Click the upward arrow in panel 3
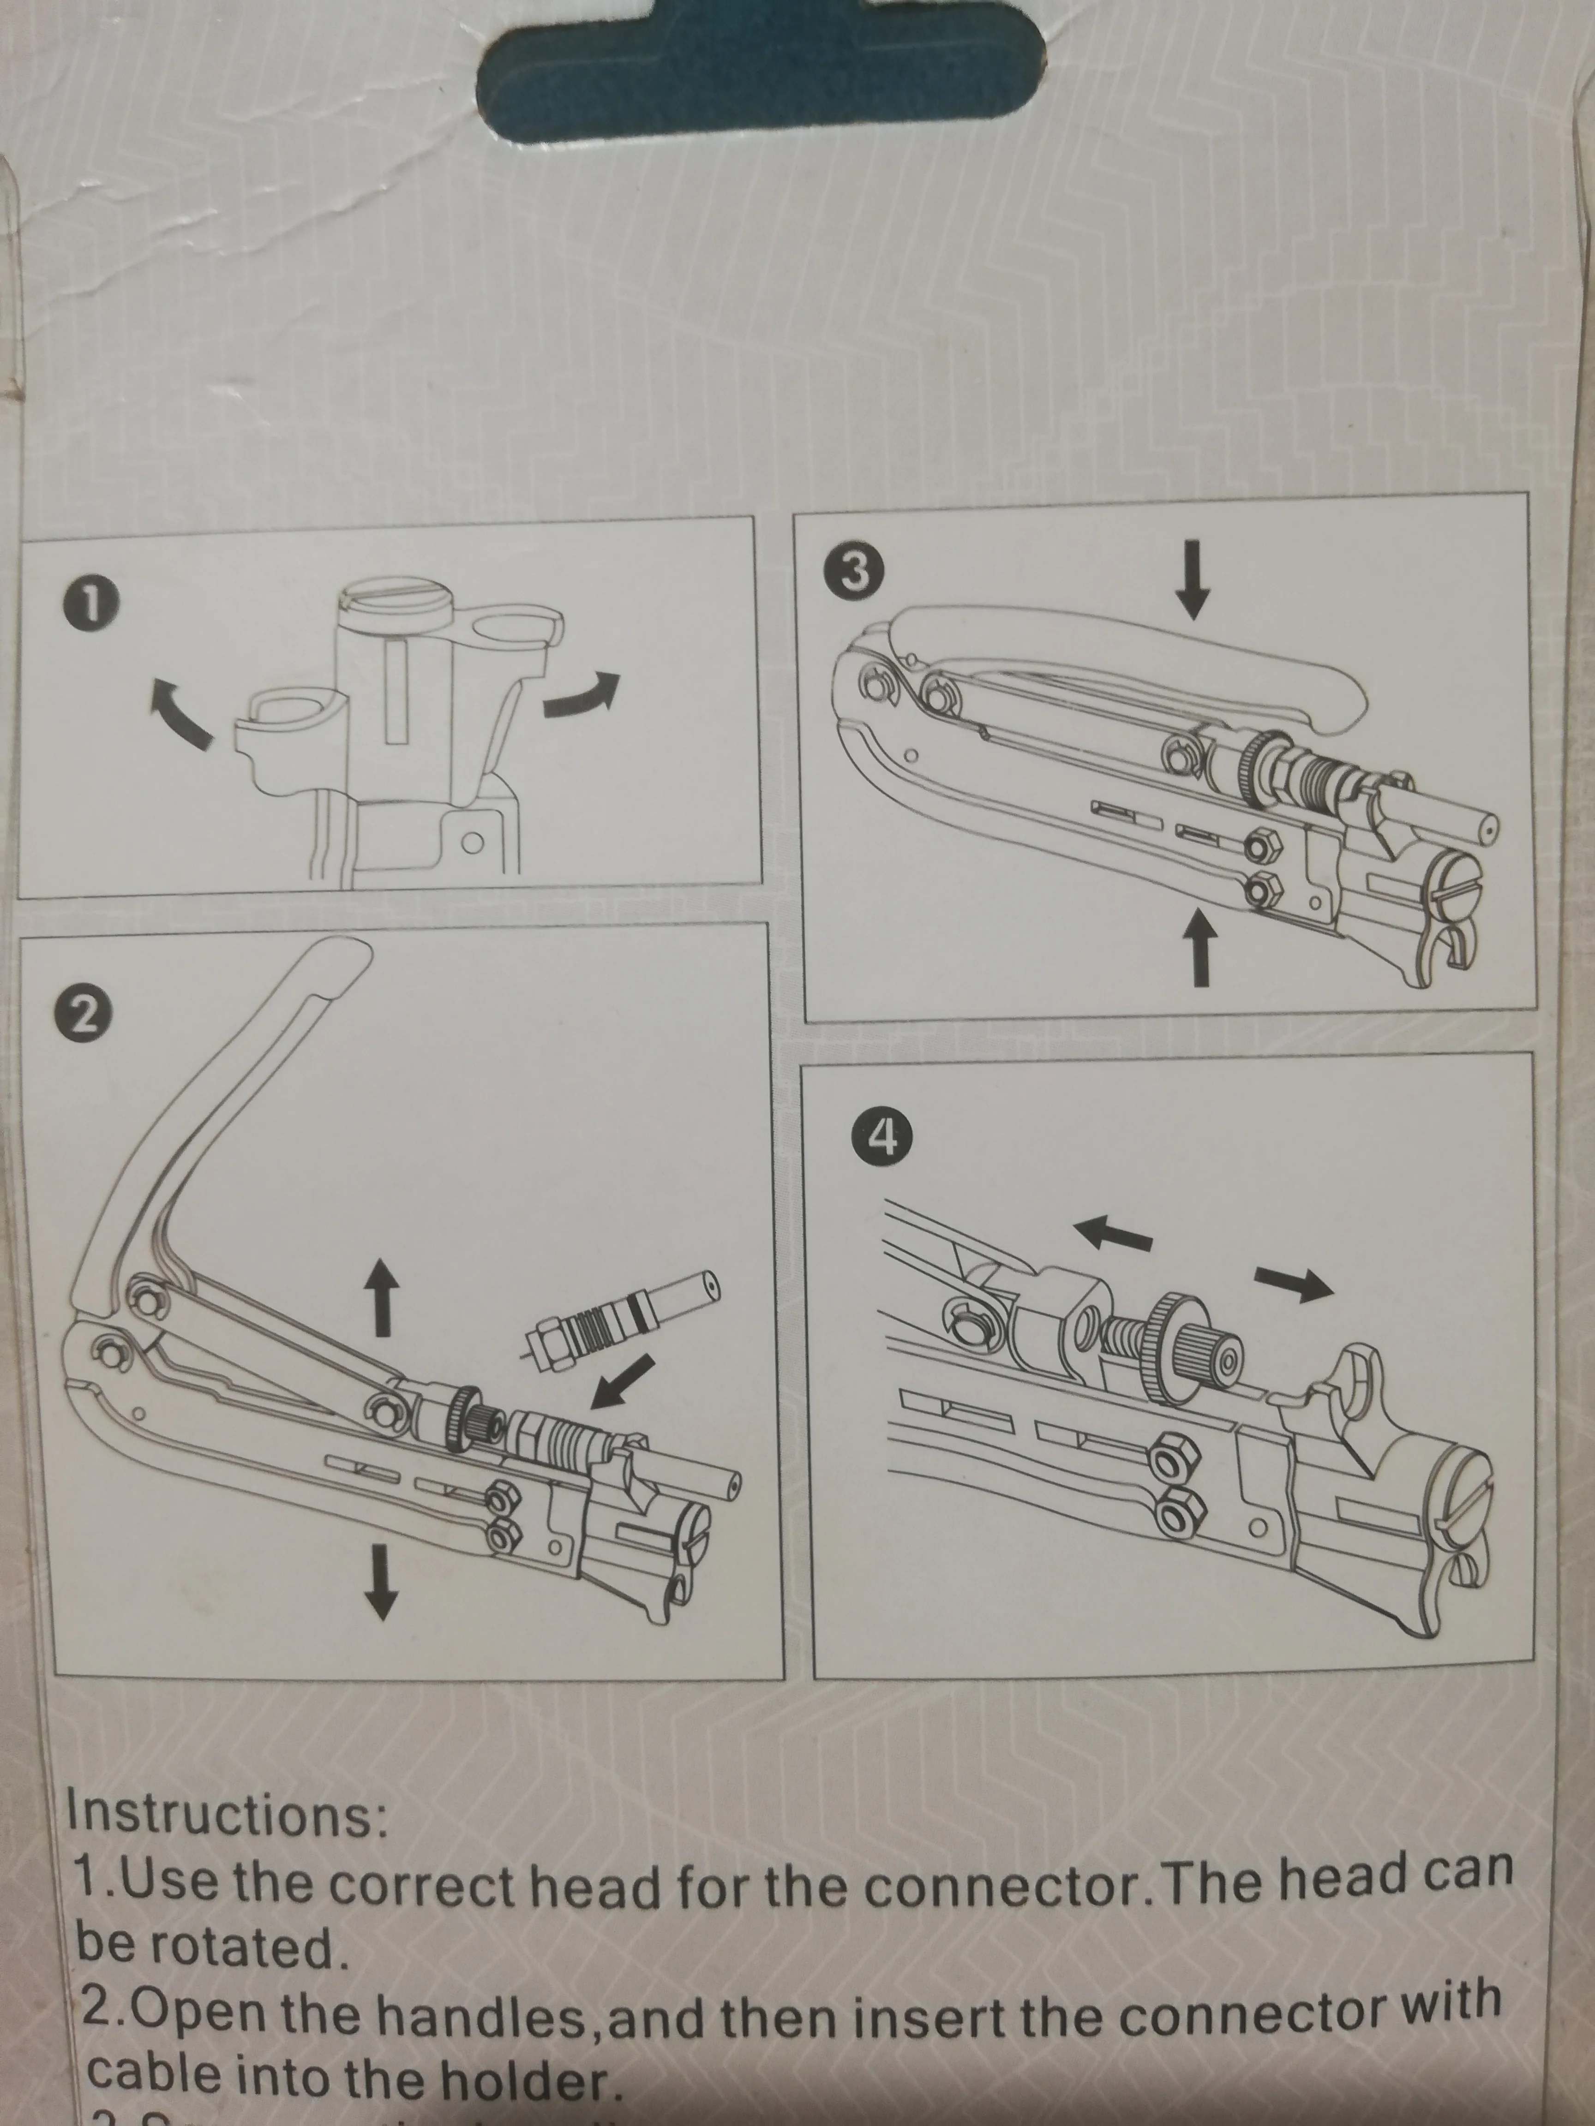pos(1198,947)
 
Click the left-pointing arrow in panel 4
pos(1112,1229)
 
